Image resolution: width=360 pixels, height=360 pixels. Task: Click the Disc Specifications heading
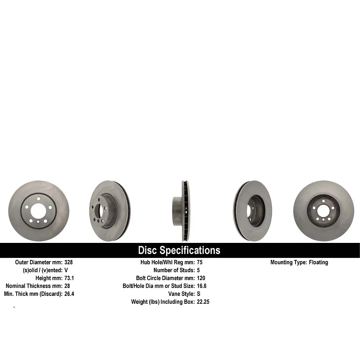coord(179,250)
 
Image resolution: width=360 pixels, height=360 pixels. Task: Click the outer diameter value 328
coord(68,262)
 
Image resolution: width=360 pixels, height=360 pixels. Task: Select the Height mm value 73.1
coord(69,278)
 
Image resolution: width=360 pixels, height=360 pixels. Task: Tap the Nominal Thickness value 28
coord(67,286)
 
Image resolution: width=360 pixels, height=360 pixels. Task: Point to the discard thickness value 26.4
coord(69,294)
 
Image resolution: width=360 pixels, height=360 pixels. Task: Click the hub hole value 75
coord(199,262)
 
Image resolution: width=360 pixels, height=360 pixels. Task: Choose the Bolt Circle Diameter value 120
coord(201,278)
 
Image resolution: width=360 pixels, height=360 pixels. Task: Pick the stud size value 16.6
coord(202,286)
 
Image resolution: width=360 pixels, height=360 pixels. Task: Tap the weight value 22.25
coord(203,302)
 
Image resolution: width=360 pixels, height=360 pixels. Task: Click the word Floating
coord(318,262)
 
